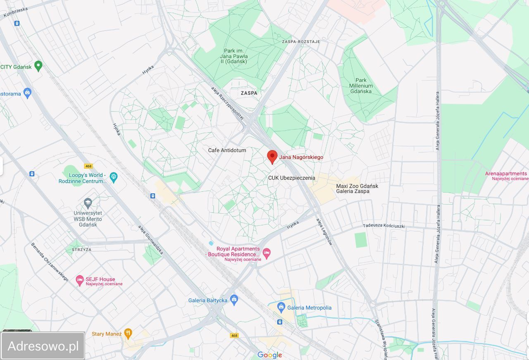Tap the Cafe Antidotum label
click(227, 150)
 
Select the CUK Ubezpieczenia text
click(291, 178)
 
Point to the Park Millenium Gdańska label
click(361, 86)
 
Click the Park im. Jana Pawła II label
click(236, 56)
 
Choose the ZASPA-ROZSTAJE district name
click(301, 42)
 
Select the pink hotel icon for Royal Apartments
click(267, 252)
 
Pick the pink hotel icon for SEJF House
click(80, 281)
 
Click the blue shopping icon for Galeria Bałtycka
click(234, 299)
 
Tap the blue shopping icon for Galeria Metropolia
click(281, 307)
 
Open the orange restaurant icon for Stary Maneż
click(128, 333)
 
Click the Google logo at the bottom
click(269, 355)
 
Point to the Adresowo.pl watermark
click(43, 346)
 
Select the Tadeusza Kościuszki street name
click(384, 226)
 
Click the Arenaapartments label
click(506, 174)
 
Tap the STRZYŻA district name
click(81, 250)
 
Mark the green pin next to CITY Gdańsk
click(38, 65)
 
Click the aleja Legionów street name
click(324, 232)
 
